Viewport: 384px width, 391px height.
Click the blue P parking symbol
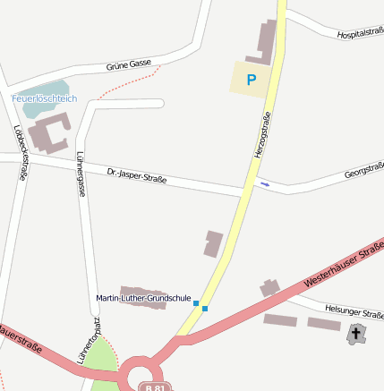click(252, 80)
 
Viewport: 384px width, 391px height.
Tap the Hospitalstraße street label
click(360, 32)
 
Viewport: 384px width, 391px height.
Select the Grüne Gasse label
click(129, 65)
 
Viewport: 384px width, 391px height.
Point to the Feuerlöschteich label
click(44, 98)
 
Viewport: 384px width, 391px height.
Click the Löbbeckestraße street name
click(19, 151)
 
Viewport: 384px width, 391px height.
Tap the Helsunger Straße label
click(354, 310)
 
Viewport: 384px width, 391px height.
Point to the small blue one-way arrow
click(264, 184)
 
